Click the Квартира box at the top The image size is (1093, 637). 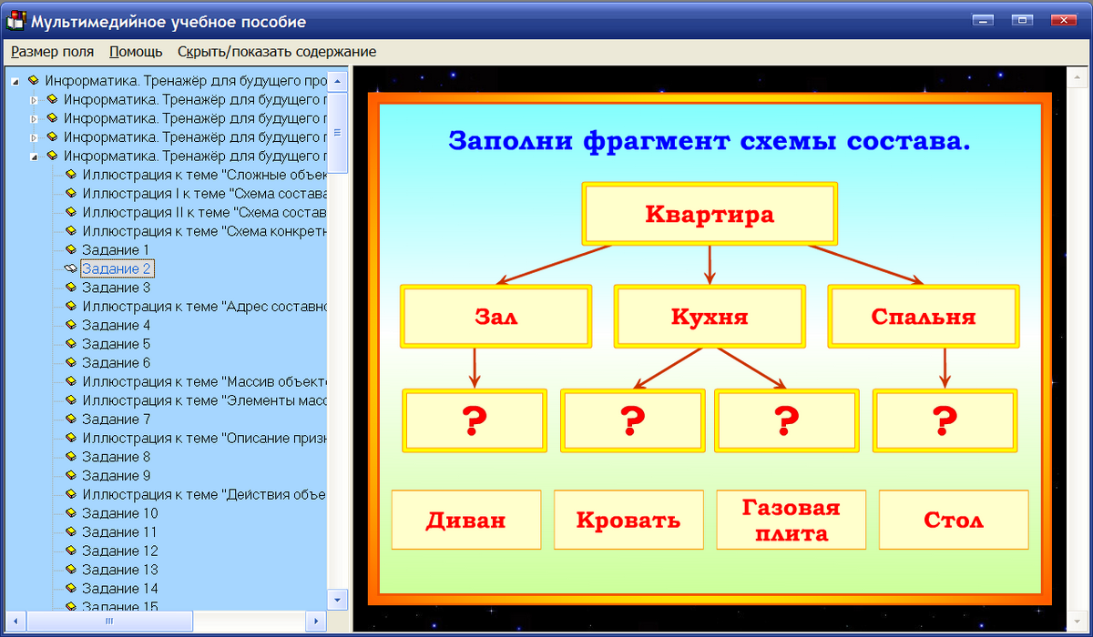pos(709,215)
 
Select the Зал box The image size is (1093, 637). pos(495,317)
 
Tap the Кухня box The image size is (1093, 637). pos(710,317)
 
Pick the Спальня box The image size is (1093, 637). pos(923,317)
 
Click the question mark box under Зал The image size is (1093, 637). pos(475,420)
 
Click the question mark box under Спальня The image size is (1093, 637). pos(945,420)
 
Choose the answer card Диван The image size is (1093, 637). pos(465,521)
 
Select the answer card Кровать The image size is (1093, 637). pos(628,521)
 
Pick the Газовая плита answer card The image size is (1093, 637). pos(791,521)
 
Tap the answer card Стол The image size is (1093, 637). pos(953,521)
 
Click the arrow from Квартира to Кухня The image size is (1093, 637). pos(710,264)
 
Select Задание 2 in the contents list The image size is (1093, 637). pos(116,268)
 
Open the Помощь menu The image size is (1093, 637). pos(136,52)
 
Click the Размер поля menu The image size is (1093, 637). pos(52,52)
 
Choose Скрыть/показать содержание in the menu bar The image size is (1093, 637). pos(276,52)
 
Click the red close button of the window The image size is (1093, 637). pos(1062,20)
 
